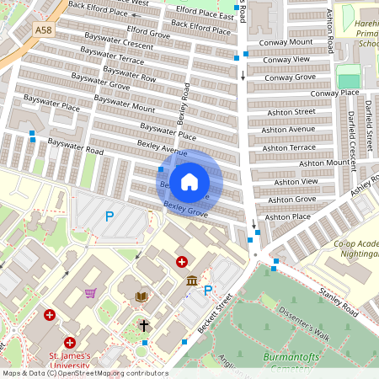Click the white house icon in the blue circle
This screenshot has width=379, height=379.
pyautogui.click(x=189, y=181)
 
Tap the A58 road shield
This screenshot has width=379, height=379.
pyautogui.click(x=43, y=29)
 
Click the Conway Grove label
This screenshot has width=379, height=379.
pyautogui.click(x=290, y=77)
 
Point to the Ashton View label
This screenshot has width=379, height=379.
pyautogui.click(x=298, y=181)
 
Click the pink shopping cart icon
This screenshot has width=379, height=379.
pyautogui.click(x=90, y=293)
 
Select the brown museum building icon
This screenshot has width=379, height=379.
pyautogui.click(x=192, y=280)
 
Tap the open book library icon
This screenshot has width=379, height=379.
pyautogui.click(x=141, y=296)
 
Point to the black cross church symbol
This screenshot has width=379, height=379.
pyautogui.click(x=144, y=324)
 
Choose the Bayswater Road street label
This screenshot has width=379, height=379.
pyautogui.click(x=75, y=146)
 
